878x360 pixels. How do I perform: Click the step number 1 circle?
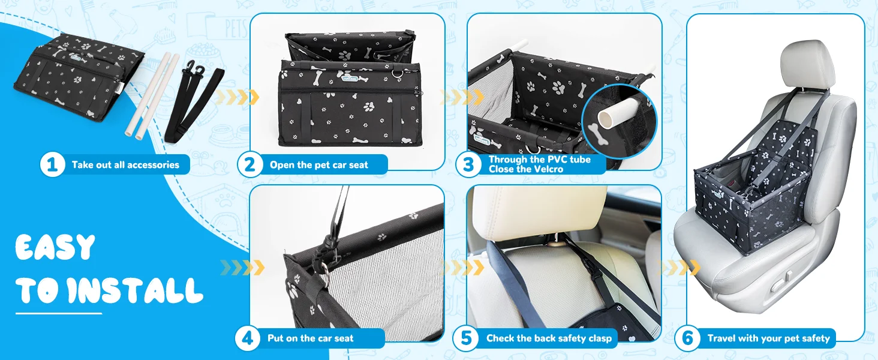click(x=52, y=164)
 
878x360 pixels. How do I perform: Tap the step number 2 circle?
click(x=249, y=164)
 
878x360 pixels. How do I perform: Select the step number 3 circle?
click(x=468, y=164)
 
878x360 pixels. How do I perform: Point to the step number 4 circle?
click(x=247, y=338)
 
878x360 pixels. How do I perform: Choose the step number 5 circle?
click(x=465, y=338)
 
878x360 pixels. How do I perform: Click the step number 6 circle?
click(x=687, y=338)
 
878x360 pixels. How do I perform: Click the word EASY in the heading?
click(x=55, y=247)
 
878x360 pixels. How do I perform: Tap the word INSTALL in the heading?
click(x=135, y=290)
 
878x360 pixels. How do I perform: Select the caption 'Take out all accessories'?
click(x=125, y=165)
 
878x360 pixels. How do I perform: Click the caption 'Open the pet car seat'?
click(x=318, y=165)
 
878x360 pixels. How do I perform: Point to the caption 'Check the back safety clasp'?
click(x=549, y=338)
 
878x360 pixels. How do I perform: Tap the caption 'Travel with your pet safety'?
click(x=769, y=338)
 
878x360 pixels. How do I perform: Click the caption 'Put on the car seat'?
click(x=311, y=338)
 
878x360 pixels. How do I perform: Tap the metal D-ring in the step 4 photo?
click(x=324, y=271)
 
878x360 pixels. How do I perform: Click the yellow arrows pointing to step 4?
click(x=242, y=268)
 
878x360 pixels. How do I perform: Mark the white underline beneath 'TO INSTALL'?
click(x=59, y=313)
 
